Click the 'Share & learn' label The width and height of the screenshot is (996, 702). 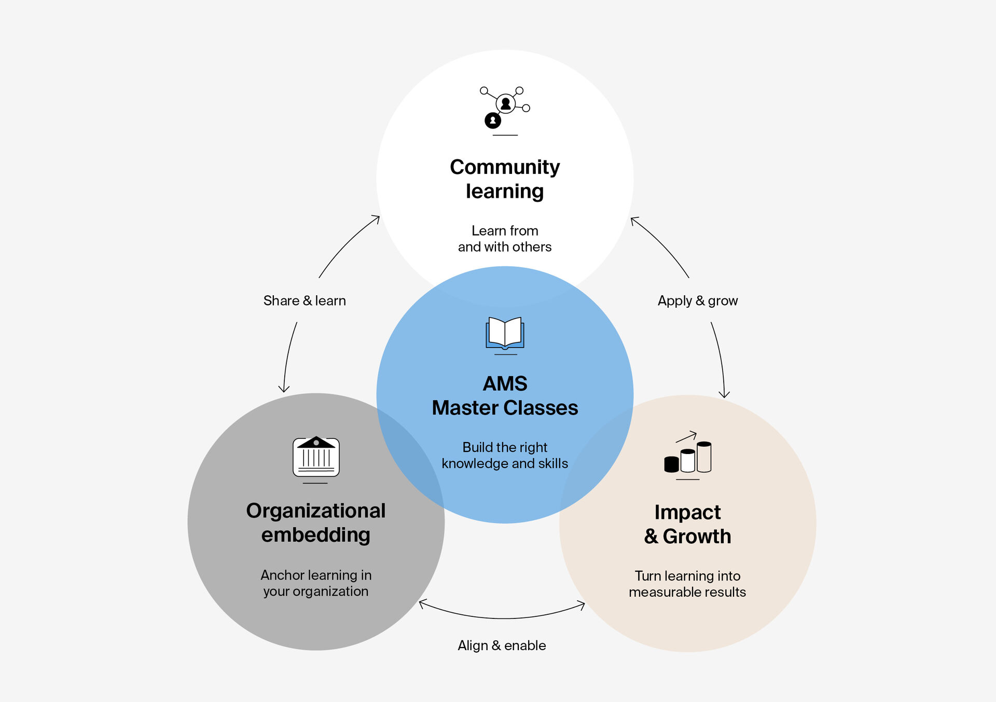(x=305, y=301)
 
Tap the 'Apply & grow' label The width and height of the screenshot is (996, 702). (x=698, y=301)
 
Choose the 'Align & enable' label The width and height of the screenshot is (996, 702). (x=502, y=645)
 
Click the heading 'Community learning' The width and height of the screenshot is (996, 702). (x=505, y=179)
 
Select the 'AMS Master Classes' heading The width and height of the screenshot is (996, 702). (x=505, y=395)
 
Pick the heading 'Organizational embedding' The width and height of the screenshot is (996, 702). (x=316, y=522)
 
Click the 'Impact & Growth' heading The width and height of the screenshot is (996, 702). (x=688, y=524)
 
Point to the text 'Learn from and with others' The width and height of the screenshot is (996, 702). (x=505, y=239)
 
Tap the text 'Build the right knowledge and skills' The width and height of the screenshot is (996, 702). (x=505, y=455)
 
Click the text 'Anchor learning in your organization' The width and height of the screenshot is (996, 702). (x=316, y=583)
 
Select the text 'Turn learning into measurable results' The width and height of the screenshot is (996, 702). (x=687, y=584)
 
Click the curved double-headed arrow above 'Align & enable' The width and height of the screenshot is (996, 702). (x=502, y=618)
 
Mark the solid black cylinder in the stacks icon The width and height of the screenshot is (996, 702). (x=671, y=464)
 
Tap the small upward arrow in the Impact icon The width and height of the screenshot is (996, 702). (x=686, y=436)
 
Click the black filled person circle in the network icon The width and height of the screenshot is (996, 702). (x=493, y=121)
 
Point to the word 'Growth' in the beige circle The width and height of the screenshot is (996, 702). (x=697, y=536)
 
